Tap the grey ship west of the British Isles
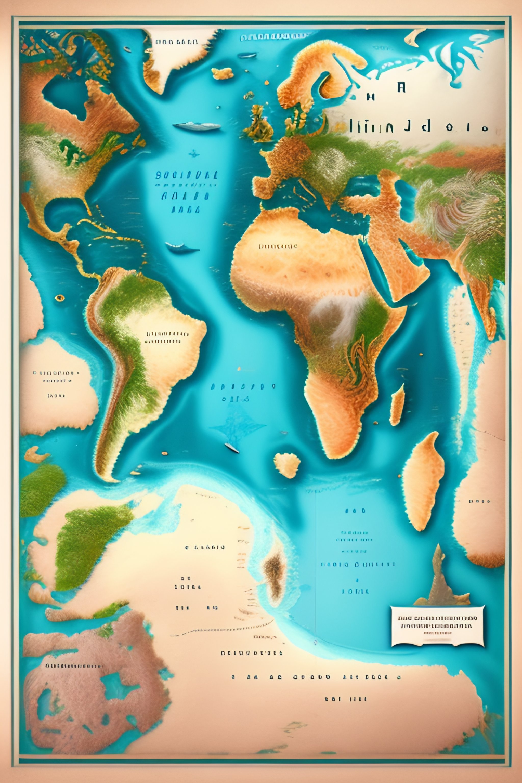point(197,126)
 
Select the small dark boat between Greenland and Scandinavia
point(247,55)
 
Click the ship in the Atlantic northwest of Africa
point(182,247)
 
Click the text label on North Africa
point(278,247)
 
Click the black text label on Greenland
point(176,42)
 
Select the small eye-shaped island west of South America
point(60,298)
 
